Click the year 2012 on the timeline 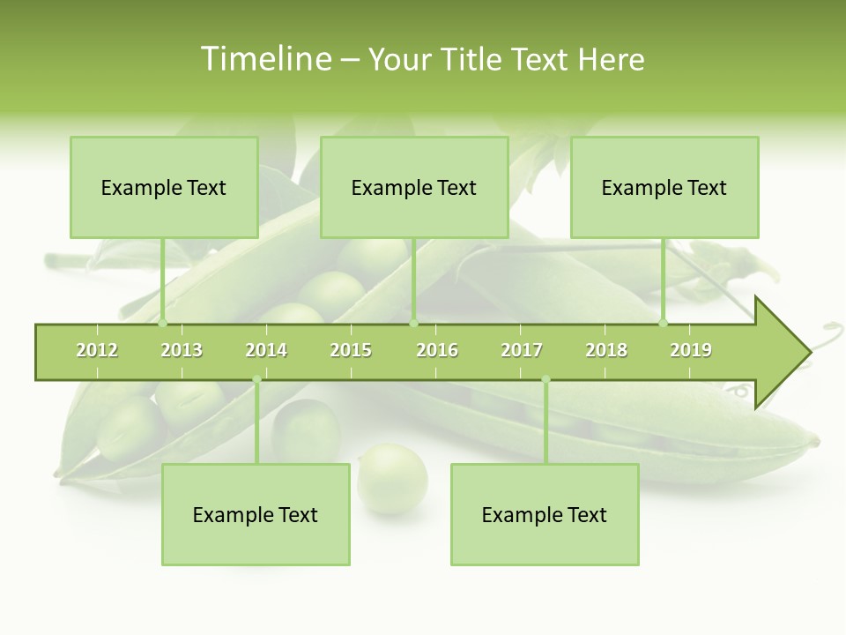point(97,350)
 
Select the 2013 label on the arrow point(182,350)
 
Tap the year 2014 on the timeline point(266,350)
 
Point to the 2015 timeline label point(351,350)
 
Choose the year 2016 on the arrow point(437,350)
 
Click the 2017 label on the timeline point(522,350)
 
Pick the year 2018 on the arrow point(606,350)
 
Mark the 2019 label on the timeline point(691,350)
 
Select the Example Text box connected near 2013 point(164,188)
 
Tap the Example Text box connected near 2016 point(414,188)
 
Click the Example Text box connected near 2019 point(664,188)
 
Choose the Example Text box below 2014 point(256,515)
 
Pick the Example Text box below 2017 point(545,515)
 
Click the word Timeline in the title point(264,59)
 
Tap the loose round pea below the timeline point(392,479)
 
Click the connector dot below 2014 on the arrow point(256,380)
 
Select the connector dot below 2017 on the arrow point(545,380)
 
